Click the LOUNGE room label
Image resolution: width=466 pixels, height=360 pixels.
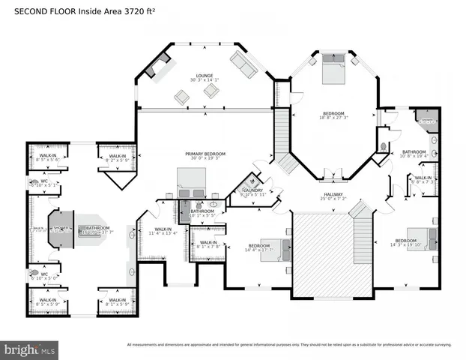pyautogui.click(x=204, y=75)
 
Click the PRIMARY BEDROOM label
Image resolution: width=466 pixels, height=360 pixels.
pyautogui.click(x=205, y=153)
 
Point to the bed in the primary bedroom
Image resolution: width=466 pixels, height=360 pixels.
pyautogui.click(x=191, y=181)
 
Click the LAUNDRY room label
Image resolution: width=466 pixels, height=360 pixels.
pyautogui.click(x=252, y=190)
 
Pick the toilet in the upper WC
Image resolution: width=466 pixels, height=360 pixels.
pyautogui.click(x=35, y=182)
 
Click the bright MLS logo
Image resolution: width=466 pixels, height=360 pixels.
pyautogui.click(x=30, y=349)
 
